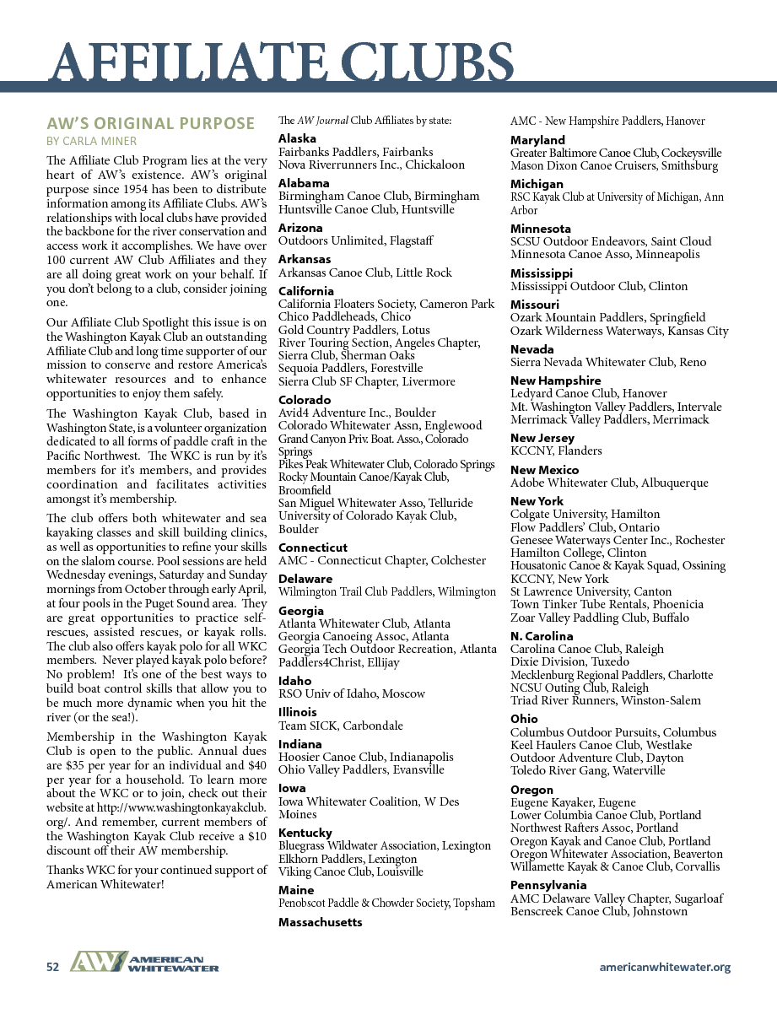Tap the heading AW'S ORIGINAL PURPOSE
pos(150,123)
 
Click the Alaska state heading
pos(297,138)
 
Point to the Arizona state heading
pos(300,228)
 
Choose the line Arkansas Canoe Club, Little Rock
pos(365,272)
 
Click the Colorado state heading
pos(305,400)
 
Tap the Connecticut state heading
pos(313,548)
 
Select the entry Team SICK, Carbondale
pos(341,726)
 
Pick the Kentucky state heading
pos(305,833)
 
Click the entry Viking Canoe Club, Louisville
pos(351,871)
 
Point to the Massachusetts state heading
pos(321,922)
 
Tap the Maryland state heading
pos(537,139)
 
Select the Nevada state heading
pos(532,349)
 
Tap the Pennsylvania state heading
pos(548,885)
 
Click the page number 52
pos(52,968)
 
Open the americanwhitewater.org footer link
pos(665,967)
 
